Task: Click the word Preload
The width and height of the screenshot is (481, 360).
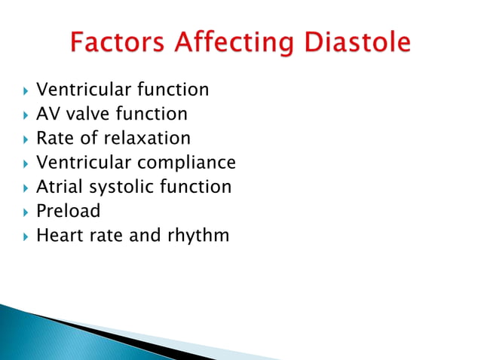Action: (69, 211)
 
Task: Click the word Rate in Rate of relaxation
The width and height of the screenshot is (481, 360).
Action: (54, 139)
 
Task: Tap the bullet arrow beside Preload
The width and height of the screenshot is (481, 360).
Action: (25, 212)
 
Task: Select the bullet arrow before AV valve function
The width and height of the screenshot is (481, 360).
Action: (25, 115)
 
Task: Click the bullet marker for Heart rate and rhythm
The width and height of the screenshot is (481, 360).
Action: (25, 236)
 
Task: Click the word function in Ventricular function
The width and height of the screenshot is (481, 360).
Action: (173, 90)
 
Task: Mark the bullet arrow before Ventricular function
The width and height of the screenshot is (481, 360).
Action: (25, 91)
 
